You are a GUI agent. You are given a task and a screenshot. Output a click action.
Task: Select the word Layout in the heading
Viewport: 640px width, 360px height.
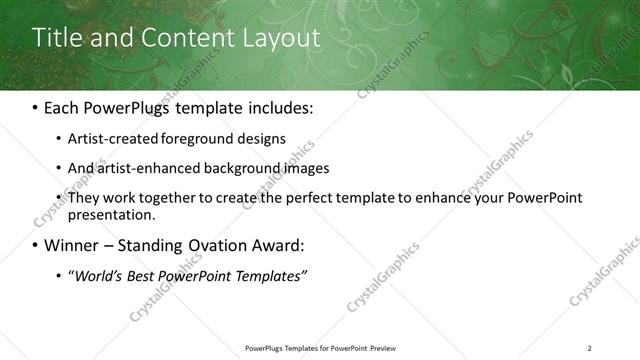click(283, 39)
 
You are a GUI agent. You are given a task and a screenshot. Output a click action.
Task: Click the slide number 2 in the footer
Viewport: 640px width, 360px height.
click(589, 348)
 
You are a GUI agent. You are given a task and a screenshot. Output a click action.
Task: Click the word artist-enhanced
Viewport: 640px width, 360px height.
click(141, 168)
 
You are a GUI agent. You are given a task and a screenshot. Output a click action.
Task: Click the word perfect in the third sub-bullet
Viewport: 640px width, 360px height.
click(305, 198)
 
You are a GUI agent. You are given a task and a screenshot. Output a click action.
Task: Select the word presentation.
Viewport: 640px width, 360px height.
click(111, 214)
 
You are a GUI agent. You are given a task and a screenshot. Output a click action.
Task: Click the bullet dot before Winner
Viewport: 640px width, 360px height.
click(35, 245)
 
